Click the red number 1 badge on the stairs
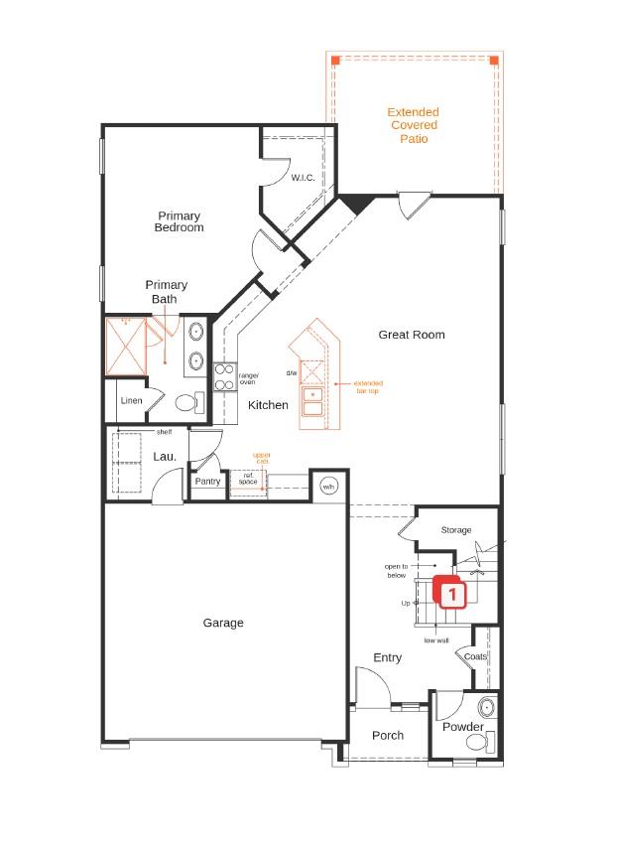(452, 595)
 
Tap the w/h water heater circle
(328, 487)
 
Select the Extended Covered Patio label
(413, 126)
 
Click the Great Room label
(411, 335)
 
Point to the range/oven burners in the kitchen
(224, 376)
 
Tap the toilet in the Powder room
(478, 740)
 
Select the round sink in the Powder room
(485, 708)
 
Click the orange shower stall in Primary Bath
(126, 346)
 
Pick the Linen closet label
(131, 401)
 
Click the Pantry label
(207, 482)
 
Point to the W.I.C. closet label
(303, 178)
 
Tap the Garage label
(223, 623)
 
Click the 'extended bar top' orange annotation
(367, 387)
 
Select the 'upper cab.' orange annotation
(261, 459)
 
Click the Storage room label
(456, 530)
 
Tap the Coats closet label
(475, 656)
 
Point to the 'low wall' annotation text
(436, 640)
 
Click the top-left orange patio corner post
(335, 61)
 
